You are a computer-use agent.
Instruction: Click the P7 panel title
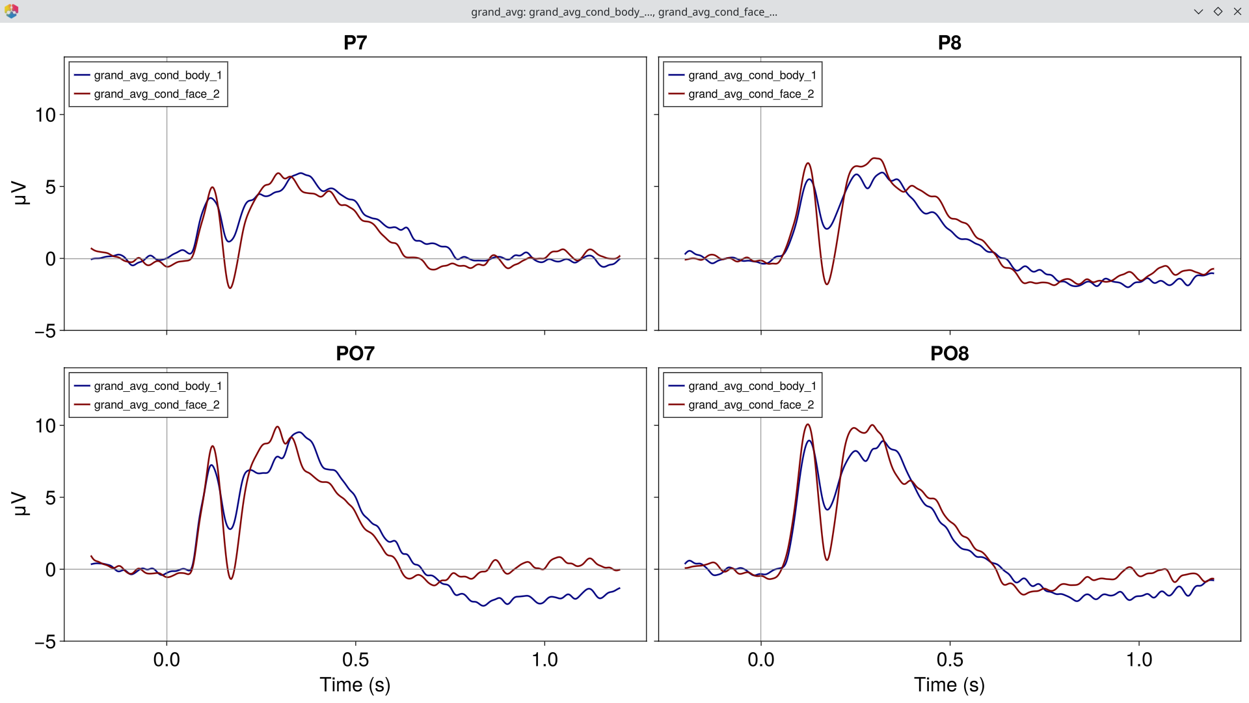coord(355,43)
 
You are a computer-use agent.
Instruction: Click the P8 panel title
coord(949,43)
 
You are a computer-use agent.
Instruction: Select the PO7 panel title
coord(355,353)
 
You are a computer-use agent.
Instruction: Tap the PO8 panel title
coord(949,353)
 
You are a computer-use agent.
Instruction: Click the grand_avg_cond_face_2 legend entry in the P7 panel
coord(156,94)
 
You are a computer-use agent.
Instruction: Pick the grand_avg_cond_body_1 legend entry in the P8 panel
coord(751,76)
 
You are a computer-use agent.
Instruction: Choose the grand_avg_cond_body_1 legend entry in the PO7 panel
coord(157,386)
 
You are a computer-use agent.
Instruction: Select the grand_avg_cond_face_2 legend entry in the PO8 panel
coord(751,405)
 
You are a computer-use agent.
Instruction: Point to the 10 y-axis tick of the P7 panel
coord(46,115)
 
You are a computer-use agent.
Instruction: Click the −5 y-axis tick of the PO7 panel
coord(46,642)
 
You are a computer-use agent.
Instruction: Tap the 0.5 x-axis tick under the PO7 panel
coord(355,660)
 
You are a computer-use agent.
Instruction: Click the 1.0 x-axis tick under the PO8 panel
coord(1139,660)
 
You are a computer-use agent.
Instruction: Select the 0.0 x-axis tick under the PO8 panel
coord(760,660)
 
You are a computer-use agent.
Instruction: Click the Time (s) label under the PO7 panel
coord(355,685)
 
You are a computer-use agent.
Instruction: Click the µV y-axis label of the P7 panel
coord(21,193)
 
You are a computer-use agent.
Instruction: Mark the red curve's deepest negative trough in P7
coord(230,288)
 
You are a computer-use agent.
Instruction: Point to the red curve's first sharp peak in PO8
coord(807,425)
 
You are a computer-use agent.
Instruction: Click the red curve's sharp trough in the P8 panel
coord(827,284)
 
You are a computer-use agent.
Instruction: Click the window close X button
coord(1237,11)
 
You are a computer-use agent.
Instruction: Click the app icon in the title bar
coord(11,11)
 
